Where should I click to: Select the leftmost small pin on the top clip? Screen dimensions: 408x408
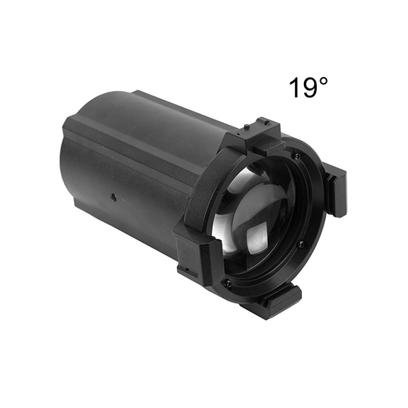248,126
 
